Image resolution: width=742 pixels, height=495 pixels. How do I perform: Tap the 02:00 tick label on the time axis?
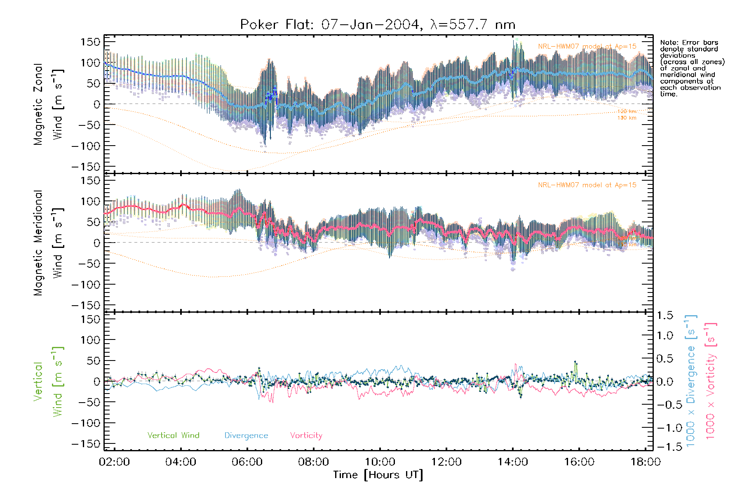pos(114,462)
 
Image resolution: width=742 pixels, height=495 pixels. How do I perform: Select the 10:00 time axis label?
pos(380,462)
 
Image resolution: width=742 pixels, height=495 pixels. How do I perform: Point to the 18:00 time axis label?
pos(645,462)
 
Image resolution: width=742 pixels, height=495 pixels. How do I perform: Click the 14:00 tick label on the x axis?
pos(512,462)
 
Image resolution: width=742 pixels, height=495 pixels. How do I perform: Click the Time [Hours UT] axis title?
pos(378,475)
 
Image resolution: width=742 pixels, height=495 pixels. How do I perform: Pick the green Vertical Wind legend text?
pos(173,436)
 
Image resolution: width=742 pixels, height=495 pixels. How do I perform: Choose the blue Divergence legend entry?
pos(246,436)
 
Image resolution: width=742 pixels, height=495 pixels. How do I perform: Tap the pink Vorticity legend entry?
pos(306,436)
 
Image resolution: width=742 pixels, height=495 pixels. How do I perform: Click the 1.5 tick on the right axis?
pos(665,316)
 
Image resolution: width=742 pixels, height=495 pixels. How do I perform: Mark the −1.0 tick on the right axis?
pos(665,428)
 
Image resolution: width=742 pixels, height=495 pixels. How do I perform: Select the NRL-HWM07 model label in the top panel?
pos(587,47)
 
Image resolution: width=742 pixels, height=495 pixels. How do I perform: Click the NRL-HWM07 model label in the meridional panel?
pos(587,185)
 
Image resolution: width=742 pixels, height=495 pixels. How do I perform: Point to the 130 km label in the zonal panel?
pos(627,118)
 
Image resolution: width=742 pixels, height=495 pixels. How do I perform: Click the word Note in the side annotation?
pos(667,43)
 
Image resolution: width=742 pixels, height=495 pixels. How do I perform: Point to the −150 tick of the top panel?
pos(85,167)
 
